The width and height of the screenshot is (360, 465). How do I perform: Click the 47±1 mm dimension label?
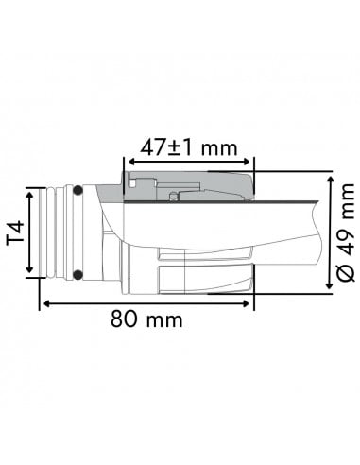click(188, 146)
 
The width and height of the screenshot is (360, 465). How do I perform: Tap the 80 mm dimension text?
click(146, 319)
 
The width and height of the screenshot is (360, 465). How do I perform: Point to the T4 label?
click(16, 233)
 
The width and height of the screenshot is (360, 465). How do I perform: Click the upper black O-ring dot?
click(78, 192)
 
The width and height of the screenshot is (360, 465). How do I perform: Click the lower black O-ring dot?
click(78, 275)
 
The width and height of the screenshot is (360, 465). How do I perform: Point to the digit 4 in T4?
click(16, 226)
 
